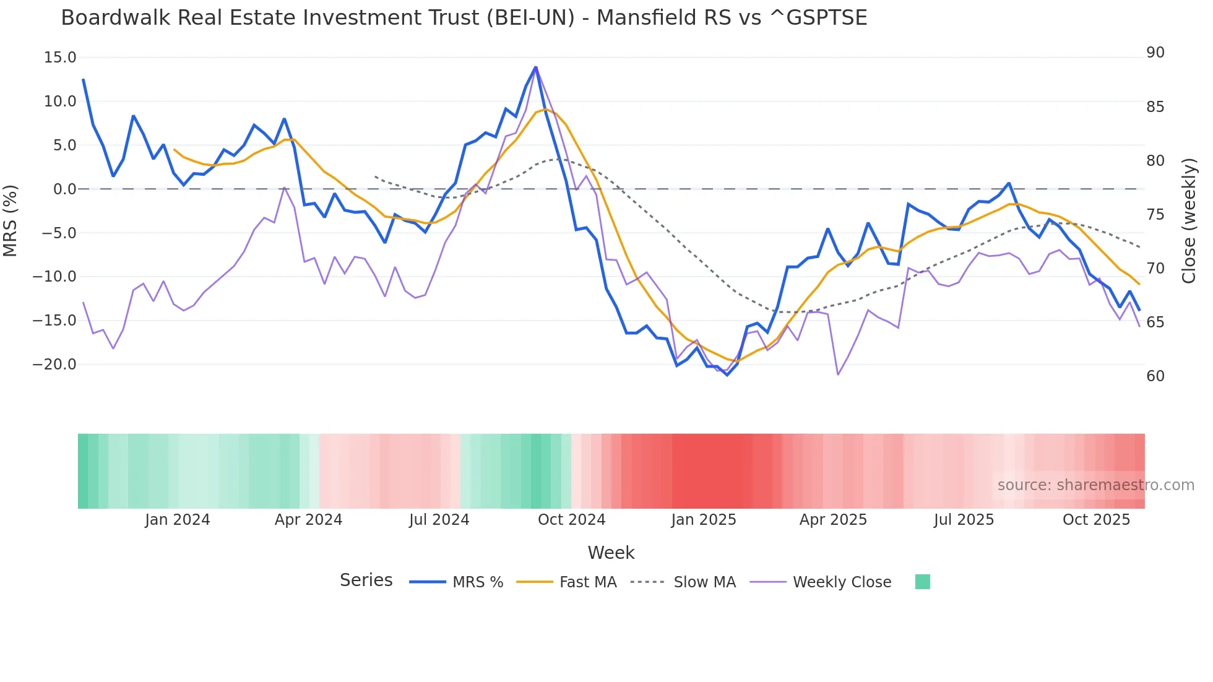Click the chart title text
(464, 18)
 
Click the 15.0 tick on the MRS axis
(60, 58)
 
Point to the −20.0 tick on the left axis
(54, 365)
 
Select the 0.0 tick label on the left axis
(64, 189)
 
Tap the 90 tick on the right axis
(1155, 53)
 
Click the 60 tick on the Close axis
(1155, 376)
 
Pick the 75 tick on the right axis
(1155, 215)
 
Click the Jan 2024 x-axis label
(178, 520)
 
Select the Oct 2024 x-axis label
(571, 520)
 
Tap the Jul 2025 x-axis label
(964, 520)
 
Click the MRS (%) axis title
(11, 220)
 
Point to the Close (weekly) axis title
(1188, 221)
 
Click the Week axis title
(611, 553)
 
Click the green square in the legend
(922, 582)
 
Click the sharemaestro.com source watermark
(1095, 485)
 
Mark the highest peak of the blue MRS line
(535, 67)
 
